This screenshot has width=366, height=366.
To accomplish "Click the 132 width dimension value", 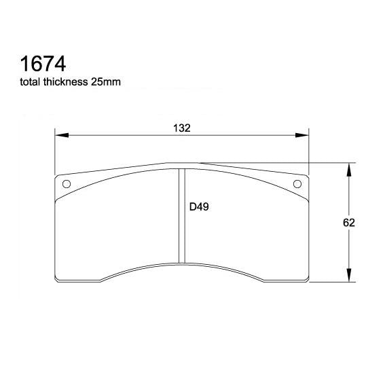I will coord(181,128).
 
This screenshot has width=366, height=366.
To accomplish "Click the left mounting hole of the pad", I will coord(67,184).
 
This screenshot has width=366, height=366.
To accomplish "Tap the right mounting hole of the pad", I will coord(297,184).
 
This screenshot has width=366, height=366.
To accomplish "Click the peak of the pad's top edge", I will coord(181,163).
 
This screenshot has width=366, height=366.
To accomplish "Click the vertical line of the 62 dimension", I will coord(348,204).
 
